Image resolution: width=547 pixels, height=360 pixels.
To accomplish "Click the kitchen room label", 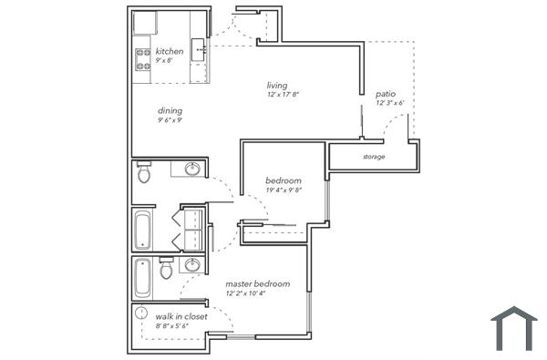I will coord(170,52).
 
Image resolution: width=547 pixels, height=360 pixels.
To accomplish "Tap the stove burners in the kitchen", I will coord(143,59).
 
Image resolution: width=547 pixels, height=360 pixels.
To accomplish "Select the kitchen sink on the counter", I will coord(198,48).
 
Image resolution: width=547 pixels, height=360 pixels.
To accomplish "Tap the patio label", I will coord(385,94).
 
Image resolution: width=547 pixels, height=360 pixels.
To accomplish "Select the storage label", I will coord(373,157).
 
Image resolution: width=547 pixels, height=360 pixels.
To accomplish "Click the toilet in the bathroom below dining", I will coord(143,172).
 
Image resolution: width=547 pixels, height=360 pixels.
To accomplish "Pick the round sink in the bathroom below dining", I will coord(192,169).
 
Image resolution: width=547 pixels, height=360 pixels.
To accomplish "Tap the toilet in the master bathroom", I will coord(166,270).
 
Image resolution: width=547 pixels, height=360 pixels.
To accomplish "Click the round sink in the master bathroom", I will coord(191,265).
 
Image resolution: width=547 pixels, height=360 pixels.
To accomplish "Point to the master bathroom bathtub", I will coord(143,278).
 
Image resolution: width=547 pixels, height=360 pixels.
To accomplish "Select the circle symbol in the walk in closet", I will coord(140,314).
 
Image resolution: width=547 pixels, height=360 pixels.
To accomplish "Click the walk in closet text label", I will coord(181,316).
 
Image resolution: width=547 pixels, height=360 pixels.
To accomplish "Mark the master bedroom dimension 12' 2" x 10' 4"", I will coord(258,293).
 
